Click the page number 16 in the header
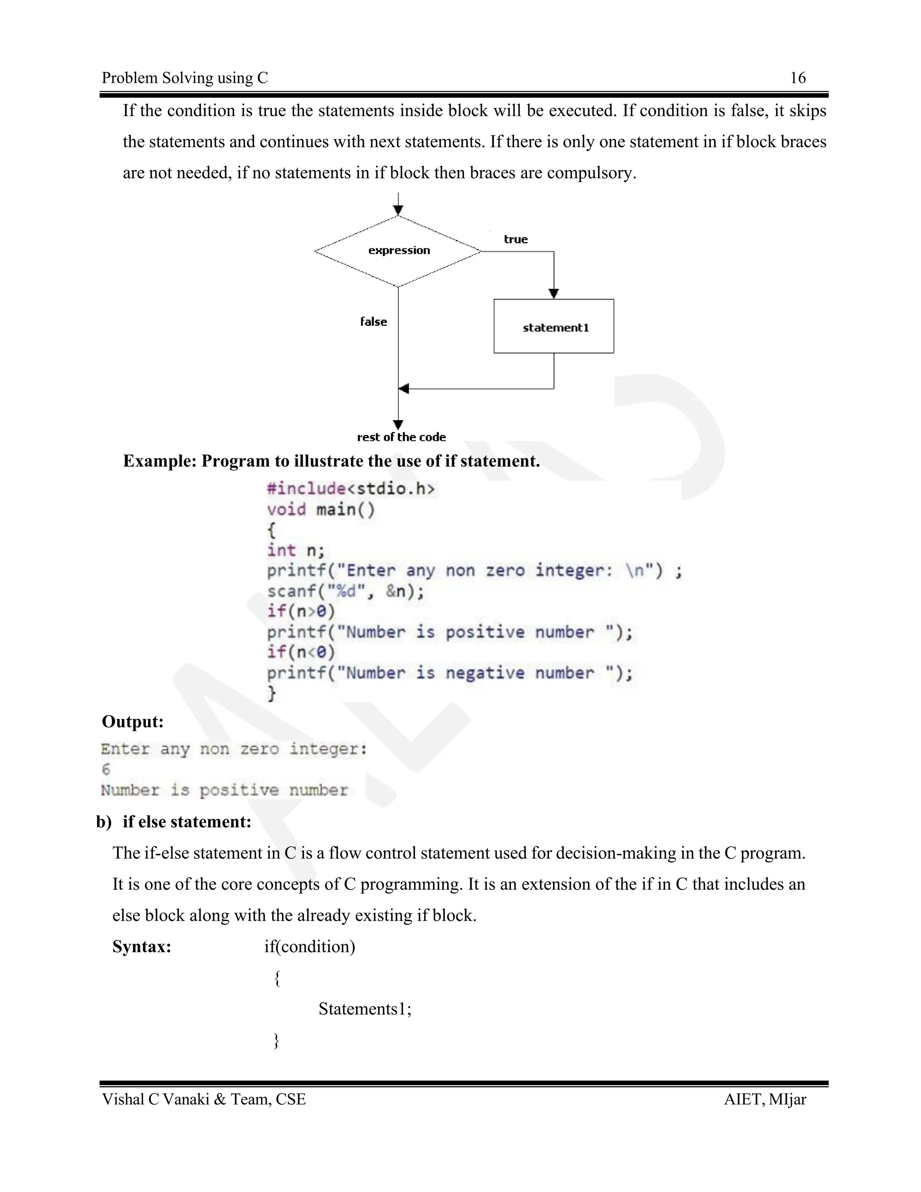[798, 78]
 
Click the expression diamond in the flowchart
[398, 251]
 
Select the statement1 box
[554, 327]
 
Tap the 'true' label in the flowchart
[516, 239]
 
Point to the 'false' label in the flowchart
[374, 322]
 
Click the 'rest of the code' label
[402, 437]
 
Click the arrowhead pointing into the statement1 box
[554, 294]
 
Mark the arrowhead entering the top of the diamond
[398, 210]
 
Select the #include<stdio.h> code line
[351, 488]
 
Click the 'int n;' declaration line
[296, 550]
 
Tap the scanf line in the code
[345, 591]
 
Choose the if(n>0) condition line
[301, 611]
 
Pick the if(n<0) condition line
[301, 652]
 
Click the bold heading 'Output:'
[133, 721]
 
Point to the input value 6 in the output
[106, 770]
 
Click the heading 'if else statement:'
[187, 821]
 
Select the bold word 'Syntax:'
[142, 946]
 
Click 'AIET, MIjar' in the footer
[765, 1099]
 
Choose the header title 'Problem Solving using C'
[185, 78]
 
